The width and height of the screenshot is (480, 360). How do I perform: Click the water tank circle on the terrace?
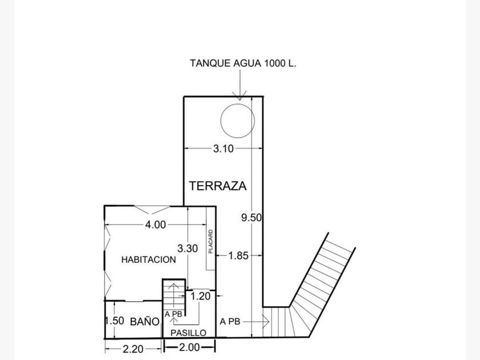point(221,121)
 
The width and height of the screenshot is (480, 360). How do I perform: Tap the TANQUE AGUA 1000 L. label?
point(243,63)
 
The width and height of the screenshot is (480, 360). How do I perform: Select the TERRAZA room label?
point(218,186)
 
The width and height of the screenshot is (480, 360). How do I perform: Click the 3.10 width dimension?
point(223,149)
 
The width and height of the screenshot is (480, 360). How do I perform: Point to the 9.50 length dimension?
point(251,218)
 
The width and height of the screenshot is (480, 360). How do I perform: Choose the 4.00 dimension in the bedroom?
point(155,225)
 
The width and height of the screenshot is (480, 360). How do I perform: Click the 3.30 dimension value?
point(187,248)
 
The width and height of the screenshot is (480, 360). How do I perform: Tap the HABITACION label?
point(149,259)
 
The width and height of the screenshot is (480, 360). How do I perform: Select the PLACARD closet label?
point(210,242)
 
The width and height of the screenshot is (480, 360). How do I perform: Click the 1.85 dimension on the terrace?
point(238,255)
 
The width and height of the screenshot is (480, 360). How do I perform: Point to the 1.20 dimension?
point(201,296)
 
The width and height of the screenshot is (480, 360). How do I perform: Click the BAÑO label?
point(145,321)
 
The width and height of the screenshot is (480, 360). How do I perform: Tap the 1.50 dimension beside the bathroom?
point(114,321)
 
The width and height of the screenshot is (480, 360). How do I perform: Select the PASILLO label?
point(188,333)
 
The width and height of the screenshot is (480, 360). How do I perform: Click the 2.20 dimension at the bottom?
point(133,349)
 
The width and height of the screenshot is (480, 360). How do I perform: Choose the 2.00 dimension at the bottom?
point(189,347)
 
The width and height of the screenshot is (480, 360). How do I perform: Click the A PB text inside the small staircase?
point(173,314)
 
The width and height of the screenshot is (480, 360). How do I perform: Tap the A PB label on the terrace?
point(230,322)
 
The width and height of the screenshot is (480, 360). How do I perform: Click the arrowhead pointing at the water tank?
point(239,96)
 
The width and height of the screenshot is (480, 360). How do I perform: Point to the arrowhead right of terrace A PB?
point(266,322)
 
